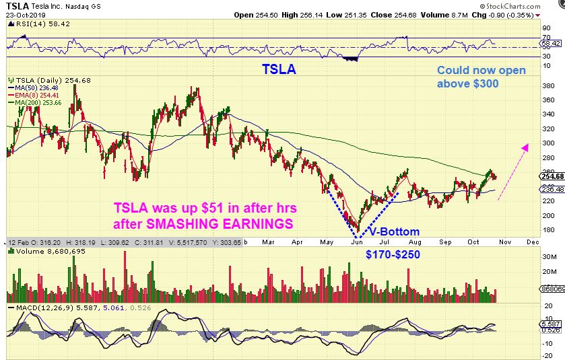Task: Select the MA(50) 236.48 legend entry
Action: pos(34,87)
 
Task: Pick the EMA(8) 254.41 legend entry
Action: pos(34,95)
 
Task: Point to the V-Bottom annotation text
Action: pos(393,232)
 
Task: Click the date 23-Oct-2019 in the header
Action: pos(25,15)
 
